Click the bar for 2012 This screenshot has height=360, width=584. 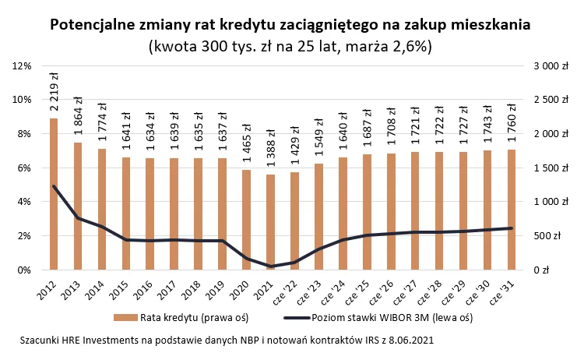54,194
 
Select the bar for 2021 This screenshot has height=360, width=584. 271,222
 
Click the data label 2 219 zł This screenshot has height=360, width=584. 54,93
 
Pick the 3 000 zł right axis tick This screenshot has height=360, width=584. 546,66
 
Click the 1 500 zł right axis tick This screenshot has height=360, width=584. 546,168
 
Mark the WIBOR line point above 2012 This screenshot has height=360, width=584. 54,186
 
